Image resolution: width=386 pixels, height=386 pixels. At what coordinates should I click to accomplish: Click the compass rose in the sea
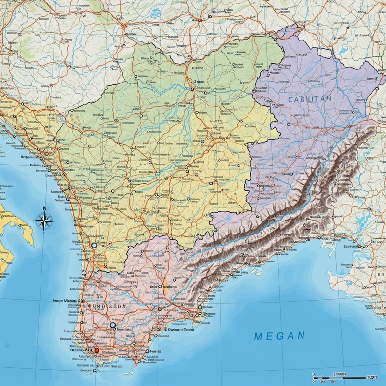44,222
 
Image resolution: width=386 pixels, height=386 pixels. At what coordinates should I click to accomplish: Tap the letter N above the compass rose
44,208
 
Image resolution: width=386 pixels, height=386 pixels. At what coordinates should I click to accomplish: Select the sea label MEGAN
279,336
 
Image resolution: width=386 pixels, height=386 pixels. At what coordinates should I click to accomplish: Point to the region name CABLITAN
310,98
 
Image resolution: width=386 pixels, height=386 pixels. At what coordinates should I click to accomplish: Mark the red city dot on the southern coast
96,350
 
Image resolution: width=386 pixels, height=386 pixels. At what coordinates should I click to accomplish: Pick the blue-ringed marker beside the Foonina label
113,325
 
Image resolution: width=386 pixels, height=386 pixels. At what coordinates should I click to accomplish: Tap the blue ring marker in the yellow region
94,246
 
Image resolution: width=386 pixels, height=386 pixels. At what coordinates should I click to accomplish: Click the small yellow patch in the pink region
165,285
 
